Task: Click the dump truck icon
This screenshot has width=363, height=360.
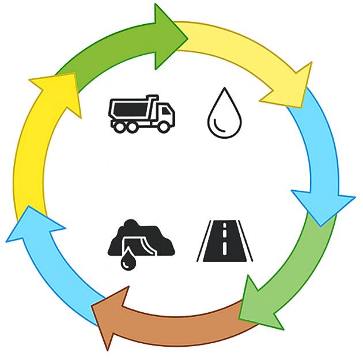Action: pyautogui.click(x=142, y=113)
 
